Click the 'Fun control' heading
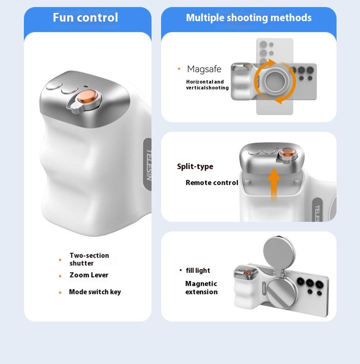(x=85, y=18)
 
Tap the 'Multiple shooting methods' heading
(x=249, y=18)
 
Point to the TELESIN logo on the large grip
(x=149, y=164)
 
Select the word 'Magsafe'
(x=204, y=69)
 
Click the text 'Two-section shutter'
(x=89, y=259)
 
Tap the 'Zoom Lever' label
(x=89, y=275)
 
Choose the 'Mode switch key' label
(x=95, y=292)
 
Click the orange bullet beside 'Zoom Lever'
(x=60, y=276)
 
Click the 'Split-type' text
(x=195, y=166)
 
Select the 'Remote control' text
(x=211, y=183)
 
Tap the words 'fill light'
(x=198, y=271)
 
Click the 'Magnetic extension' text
(x=202, y=288)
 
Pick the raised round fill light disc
(x=279, y=253)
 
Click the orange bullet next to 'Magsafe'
(x=179, y=69)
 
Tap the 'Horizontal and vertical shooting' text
(x=207, y=85)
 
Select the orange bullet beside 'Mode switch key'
(x=60, y=293)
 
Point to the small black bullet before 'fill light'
(x=180, y=270)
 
